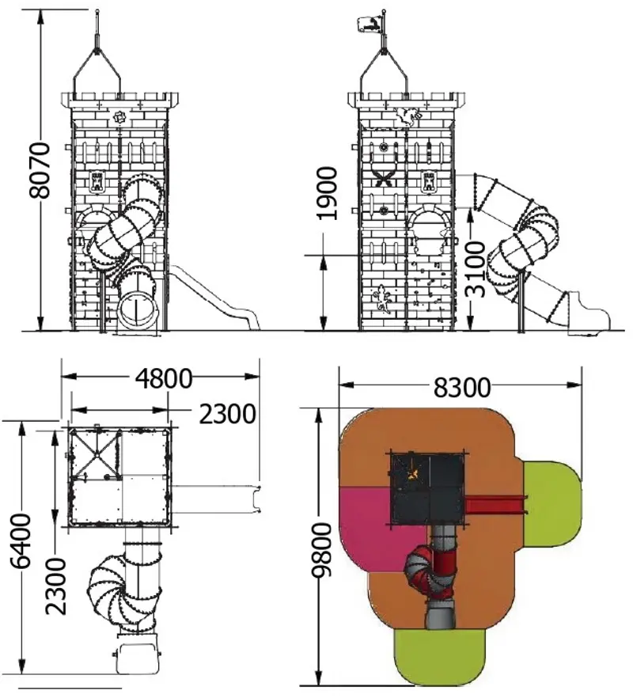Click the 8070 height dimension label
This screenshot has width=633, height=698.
click(x=40, y=170)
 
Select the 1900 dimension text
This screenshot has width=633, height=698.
click(x=327, y=193)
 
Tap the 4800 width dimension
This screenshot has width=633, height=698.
click(x=164, y=379)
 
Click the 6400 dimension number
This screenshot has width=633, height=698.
click(x=21, y=541)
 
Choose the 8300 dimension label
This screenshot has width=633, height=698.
click(x=462, y=387)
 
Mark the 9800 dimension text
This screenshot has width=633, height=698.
click(x=321, y=550)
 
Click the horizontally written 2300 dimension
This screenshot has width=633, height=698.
click(x=227, y=414)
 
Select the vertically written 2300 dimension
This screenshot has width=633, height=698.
click(x=56, y=586)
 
